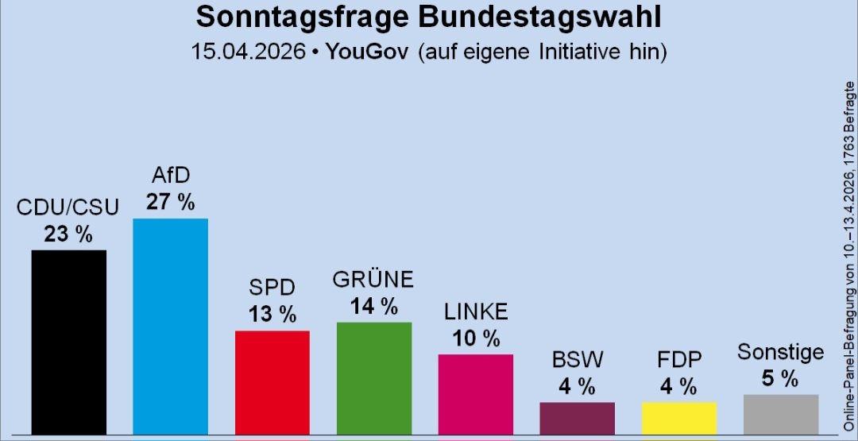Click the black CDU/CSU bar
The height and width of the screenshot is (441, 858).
(x=68, y=342)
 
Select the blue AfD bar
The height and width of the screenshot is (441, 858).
(x=170, y=326)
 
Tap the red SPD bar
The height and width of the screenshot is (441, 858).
(x=272, y=381)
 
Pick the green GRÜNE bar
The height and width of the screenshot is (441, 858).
(x=373, y=377)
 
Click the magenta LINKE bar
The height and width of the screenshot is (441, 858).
(x=475, y=393)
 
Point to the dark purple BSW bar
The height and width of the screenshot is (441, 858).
(x=577, y=417)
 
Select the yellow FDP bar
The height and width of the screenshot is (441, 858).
(x=678, y=417)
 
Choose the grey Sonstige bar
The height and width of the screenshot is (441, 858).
(x=780, y=413)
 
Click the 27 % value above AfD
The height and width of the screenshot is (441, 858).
(x=170, y=202)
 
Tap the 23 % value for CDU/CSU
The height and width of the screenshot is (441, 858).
(x=68, y=234)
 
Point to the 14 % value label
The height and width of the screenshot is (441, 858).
(x=373, y=306)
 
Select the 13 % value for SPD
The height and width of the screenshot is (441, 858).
(x=272, y=314)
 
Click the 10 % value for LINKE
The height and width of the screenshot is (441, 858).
(x=475, y=338)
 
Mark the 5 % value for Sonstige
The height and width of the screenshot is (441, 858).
(x=780, y=379)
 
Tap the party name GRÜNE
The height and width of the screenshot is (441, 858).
(x=373, y=280)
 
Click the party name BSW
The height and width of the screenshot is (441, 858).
(x=577, y=360)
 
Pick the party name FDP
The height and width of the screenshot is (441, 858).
(x=678, y=360)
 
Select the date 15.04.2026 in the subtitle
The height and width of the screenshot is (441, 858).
(x=248, y=52)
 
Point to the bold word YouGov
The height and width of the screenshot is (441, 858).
(x=367, y=52)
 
